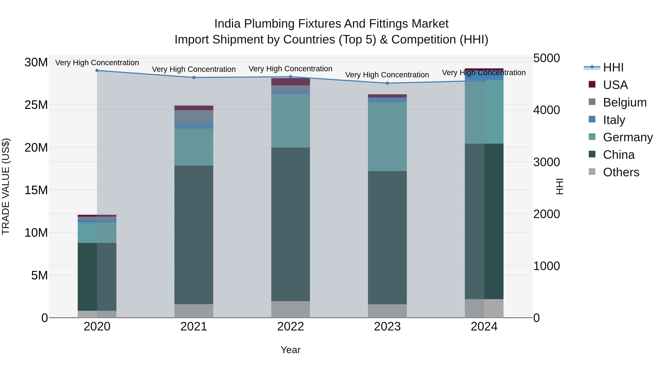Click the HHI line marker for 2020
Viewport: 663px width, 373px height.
click(97, 71)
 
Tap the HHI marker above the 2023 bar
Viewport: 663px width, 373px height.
click(387, 83)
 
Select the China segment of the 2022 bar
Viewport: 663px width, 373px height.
click(291, 224)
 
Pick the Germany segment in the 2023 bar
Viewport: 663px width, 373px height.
click(387, 136)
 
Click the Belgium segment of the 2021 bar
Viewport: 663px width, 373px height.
click(194, 116)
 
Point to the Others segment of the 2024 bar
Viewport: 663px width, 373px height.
click(484, 308)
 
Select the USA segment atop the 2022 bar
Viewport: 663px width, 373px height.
click(291, 82)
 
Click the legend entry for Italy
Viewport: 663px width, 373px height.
click(614, 120)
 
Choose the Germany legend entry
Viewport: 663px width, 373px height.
click(627, 137)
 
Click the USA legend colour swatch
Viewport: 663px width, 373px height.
click(592, 84)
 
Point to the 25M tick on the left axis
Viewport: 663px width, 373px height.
click(36, 105)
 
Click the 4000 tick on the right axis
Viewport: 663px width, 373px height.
click(546, 110)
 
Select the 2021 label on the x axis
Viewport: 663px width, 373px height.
click(194, 327)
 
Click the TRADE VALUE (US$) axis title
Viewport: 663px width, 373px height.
click(6, 186)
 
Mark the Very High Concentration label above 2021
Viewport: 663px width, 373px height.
click(194, 69)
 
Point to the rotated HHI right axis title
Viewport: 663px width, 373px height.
click(559, 186)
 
